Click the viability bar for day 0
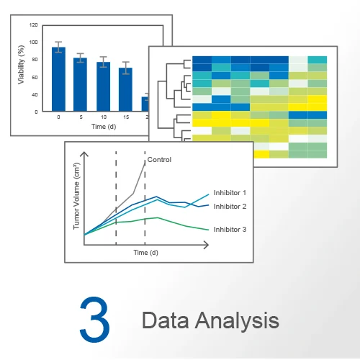58,79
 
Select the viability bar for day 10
104,86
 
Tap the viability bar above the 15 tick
125,89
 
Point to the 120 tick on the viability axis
33,24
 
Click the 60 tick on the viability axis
35,77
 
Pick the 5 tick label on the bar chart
81,117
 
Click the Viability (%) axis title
21,65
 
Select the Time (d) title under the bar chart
104,127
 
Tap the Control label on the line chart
159,160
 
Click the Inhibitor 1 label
230,193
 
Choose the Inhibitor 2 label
230,207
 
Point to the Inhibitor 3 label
230,230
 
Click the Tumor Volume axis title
76,196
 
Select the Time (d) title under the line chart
145,253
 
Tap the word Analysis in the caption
237,321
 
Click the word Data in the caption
166,320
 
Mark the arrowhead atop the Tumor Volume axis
84,153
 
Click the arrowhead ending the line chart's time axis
207,245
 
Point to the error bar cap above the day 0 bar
58,42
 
